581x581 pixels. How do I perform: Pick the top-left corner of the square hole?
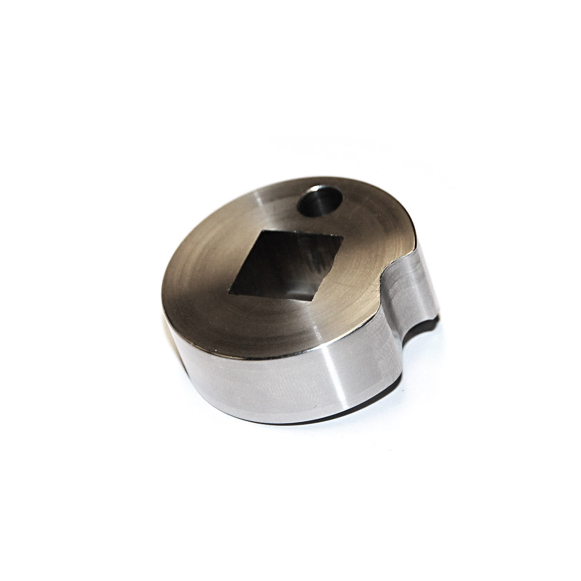261,231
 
